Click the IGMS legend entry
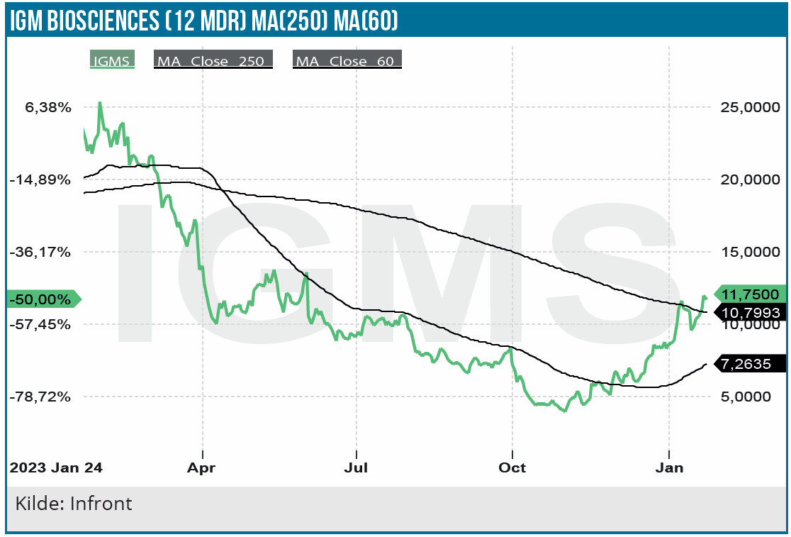pos(111,60)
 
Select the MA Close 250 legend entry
pos(213,60)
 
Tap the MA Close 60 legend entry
pos(347,60)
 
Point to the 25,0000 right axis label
pos(748,108)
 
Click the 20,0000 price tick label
pos(748,180)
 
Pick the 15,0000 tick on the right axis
pos(748,252)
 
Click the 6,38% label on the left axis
pos(47,108)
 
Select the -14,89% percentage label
pos(40,180)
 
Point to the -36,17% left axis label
pos(40,252)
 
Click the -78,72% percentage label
pos(40,397)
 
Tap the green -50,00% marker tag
pos(41,299)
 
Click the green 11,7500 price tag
pos(750,294)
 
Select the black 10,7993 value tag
pos(750,312)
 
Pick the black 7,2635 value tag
pos(750,364)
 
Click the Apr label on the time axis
pos(203,468)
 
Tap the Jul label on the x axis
pos(356,468)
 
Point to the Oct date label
pos(512,468)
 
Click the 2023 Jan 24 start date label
pos(55,468)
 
